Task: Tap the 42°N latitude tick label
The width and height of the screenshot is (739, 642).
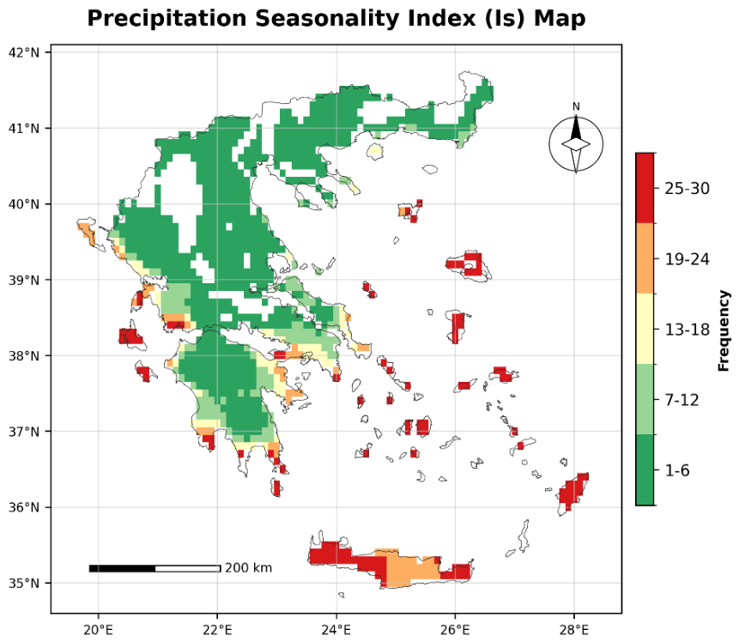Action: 24,52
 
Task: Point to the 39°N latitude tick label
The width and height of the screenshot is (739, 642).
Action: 24,280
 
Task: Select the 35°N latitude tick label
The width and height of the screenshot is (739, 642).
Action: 24,584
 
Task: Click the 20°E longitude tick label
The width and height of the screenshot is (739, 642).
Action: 99,630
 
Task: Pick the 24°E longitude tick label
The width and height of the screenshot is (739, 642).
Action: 336,630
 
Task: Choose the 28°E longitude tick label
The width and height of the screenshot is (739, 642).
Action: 573,630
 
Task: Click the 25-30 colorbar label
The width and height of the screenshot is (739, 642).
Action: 687,189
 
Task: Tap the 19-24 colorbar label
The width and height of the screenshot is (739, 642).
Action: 687,259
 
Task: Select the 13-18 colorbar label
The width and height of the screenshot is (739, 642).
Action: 687,330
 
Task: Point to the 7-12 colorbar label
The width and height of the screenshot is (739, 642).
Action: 681,400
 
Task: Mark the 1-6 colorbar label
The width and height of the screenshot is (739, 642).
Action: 677,470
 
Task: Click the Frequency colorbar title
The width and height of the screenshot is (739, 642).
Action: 724,330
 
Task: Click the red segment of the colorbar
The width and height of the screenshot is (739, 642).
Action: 645,188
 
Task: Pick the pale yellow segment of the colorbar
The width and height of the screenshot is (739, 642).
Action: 645,329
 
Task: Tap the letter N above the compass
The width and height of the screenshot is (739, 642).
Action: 576,106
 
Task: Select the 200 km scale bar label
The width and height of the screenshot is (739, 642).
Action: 248,568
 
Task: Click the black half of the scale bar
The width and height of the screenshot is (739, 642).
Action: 123,568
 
